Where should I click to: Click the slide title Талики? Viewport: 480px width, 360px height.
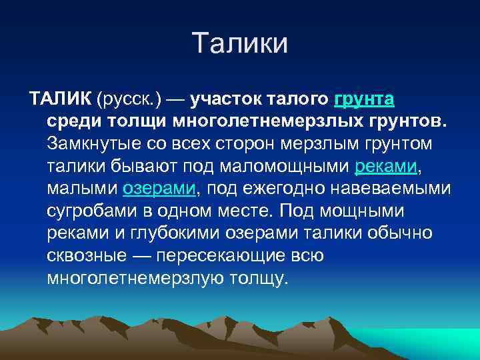point(240,44)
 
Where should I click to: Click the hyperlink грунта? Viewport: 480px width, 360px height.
point(364,100)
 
